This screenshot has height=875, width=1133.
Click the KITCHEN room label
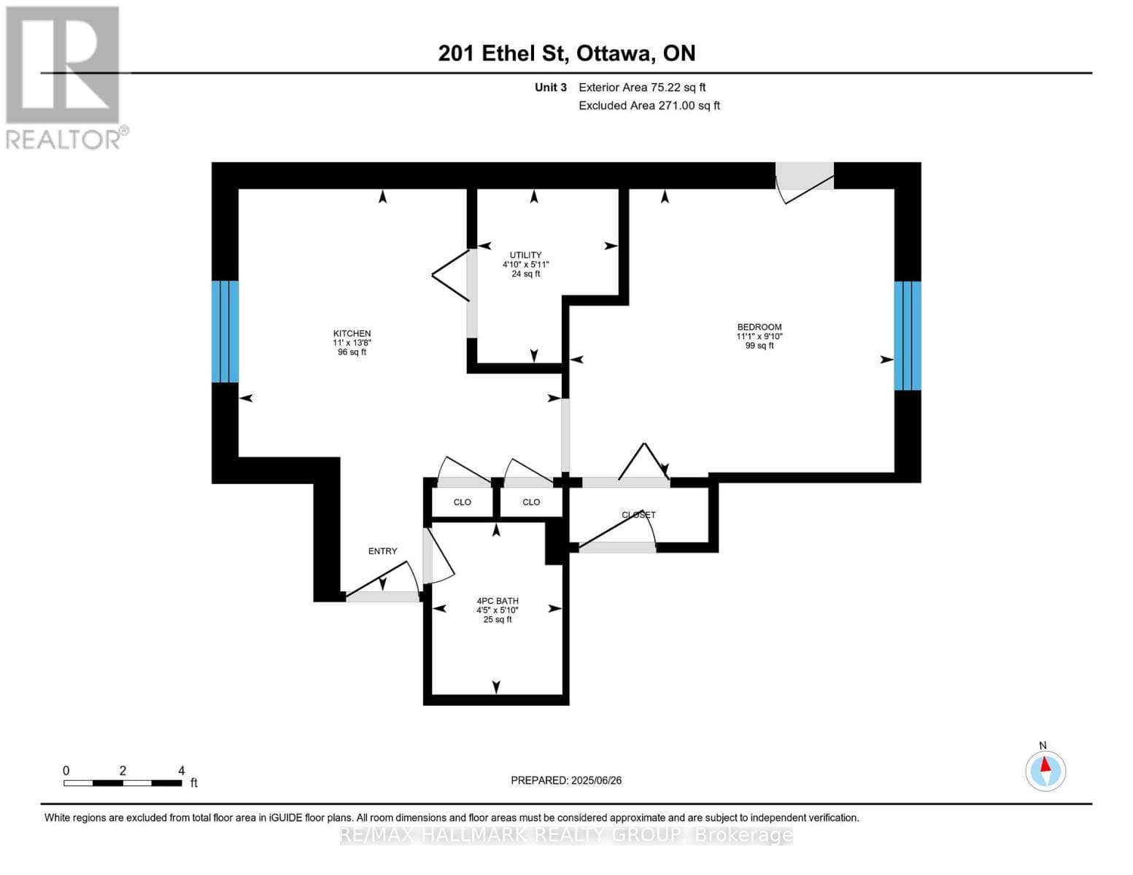point(352,333)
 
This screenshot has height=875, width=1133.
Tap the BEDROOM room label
point(759,327)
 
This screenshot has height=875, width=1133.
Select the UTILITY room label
point(525,254)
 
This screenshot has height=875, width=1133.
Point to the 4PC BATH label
point(498,601)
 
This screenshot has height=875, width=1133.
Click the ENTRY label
point(383,551)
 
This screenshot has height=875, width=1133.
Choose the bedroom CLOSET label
point(638,514)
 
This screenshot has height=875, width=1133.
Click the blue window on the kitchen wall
point(225,332)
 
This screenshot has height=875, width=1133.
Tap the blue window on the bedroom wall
point(908,335)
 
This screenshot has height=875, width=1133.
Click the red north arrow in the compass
point(1045,764)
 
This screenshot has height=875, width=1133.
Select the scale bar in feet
point(123,782)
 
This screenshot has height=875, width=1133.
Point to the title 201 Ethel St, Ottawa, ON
point(567,53)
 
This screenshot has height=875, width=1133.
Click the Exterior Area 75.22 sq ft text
point(642,87)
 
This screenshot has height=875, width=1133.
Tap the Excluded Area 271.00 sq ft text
point(649,105)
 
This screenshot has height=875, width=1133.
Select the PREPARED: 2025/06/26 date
point(566,780)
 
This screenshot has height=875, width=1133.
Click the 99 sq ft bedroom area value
point(759,346)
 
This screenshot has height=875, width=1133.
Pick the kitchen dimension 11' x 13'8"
point(352,343)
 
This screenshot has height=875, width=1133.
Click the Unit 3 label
point(551,87)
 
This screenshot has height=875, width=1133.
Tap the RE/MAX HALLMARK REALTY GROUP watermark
point(566,836)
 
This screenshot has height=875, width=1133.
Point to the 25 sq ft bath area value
point(498,620)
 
